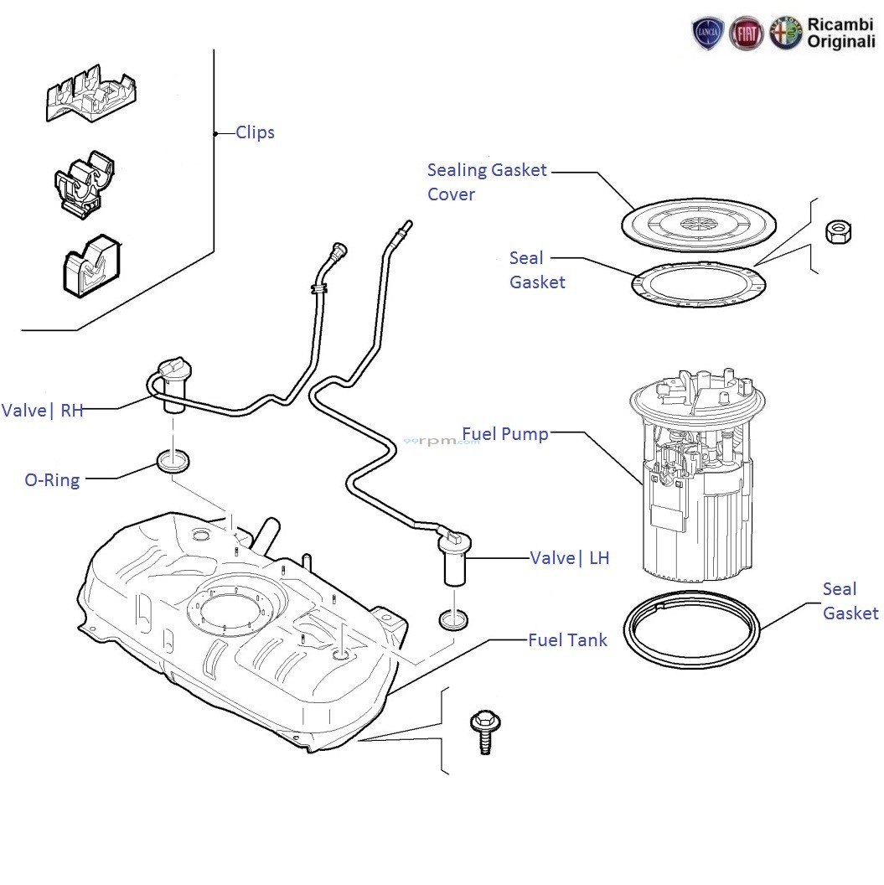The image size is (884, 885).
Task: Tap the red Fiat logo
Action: coord(747,33)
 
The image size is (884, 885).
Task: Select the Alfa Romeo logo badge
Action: coord(786,33)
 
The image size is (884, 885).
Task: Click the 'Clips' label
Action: coord(255,132)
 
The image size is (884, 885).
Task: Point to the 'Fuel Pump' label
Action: coord(505,434)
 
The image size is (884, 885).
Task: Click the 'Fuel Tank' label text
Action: coord(567,640)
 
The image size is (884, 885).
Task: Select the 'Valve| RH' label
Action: coord(43,411)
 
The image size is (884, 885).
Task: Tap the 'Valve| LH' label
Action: coord(570,558)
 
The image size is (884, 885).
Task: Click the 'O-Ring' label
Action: coord(53,480)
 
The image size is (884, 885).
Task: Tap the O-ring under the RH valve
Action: coord(173,461)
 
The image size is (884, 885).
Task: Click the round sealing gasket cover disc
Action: coord(698,222)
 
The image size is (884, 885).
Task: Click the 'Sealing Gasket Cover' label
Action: coord(486,182)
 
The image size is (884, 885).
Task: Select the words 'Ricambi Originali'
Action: coord(840,33)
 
